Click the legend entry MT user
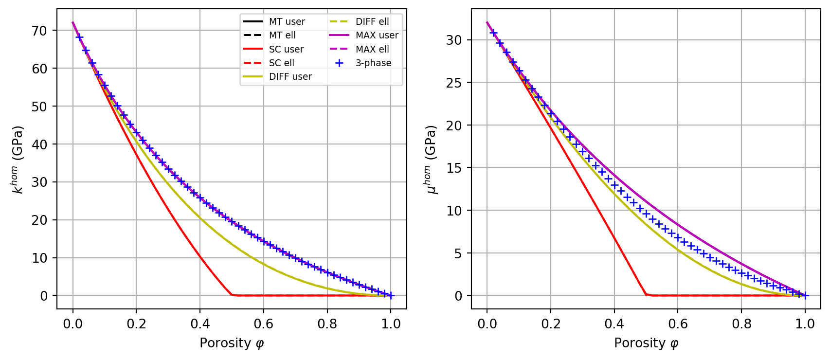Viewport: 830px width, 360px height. (x=287, y=22)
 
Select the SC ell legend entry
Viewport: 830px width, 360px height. (x=281, y=63)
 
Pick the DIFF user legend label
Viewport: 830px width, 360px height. (x=290, y=76)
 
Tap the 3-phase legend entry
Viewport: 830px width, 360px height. (x=373, y=63)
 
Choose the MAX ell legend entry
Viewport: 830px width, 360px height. (x=372, y=49)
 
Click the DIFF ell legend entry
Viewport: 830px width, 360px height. (x=372, y=22)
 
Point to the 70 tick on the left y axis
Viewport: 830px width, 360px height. (x=39, y=31)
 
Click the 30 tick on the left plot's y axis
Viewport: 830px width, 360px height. (x=39, y=182)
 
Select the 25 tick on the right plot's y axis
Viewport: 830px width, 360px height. (x=454, y=83)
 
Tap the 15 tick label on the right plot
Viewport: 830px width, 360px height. (x=454, y=168)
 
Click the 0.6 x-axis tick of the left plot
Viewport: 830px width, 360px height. (x=263, y=324)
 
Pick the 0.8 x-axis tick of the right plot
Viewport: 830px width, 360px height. (x=741, y=324)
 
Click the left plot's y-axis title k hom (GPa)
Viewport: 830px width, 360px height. (x=18, y=160)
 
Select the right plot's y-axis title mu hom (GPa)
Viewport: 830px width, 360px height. (x=432, y=160)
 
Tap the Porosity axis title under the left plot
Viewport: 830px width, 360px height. (x=232, y=343)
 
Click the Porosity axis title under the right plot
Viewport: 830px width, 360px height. (x=646, y=343)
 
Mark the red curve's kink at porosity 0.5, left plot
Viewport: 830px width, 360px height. (x=232, y=294)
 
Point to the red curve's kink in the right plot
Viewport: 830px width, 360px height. (x=646, y=294)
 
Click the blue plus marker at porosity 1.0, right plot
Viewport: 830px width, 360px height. (x=805, y=295)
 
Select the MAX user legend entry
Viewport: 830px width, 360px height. (x=377, y=36)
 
